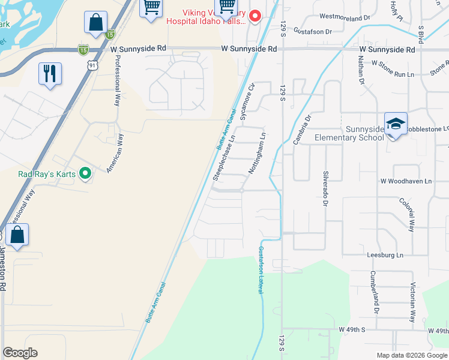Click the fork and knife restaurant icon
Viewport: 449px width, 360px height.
coord(50,74)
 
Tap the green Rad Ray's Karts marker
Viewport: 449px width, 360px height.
coord(85,174)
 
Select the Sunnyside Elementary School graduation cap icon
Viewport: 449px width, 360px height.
coord(396,124)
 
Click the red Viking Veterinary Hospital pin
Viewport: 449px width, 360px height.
coord(255,16)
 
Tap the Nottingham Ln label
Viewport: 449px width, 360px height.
coord(257,154)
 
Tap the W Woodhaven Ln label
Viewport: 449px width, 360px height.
coord(405,181)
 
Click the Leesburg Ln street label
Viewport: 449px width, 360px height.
coord(385,255)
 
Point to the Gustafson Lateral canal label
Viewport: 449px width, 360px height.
coord(262,270)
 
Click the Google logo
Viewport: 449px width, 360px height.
coord(20,353)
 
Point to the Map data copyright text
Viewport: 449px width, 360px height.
coord(411,355)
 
